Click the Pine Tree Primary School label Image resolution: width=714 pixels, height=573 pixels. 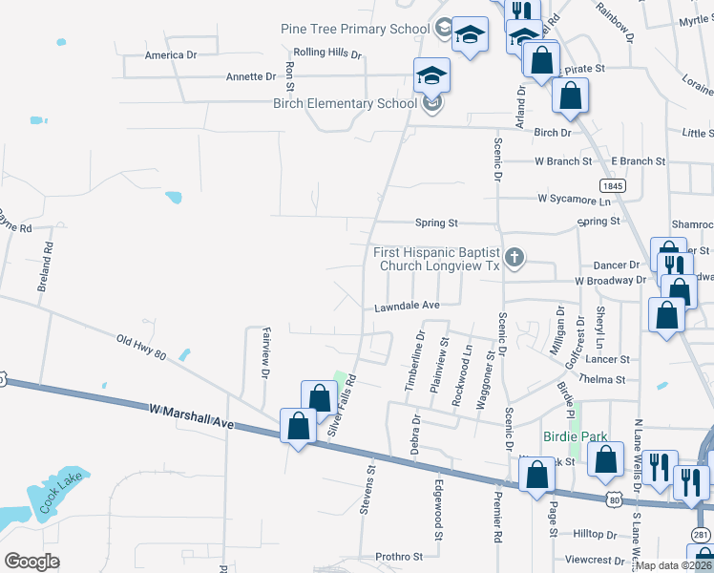(355, 29)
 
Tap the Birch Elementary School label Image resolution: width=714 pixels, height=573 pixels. (345, 103)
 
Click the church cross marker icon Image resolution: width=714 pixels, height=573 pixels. (514, 256)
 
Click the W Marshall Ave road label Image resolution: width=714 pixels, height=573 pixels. (191, 414)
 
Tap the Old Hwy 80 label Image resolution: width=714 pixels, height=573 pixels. (141, 347)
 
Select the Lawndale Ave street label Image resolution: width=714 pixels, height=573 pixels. (406, 306)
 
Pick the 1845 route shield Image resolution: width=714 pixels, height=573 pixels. (612, 183)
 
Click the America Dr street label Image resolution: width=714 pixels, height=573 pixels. (170, 55)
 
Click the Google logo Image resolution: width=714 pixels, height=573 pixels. (31, 562)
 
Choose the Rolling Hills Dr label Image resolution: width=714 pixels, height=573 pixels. (315, 53)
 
